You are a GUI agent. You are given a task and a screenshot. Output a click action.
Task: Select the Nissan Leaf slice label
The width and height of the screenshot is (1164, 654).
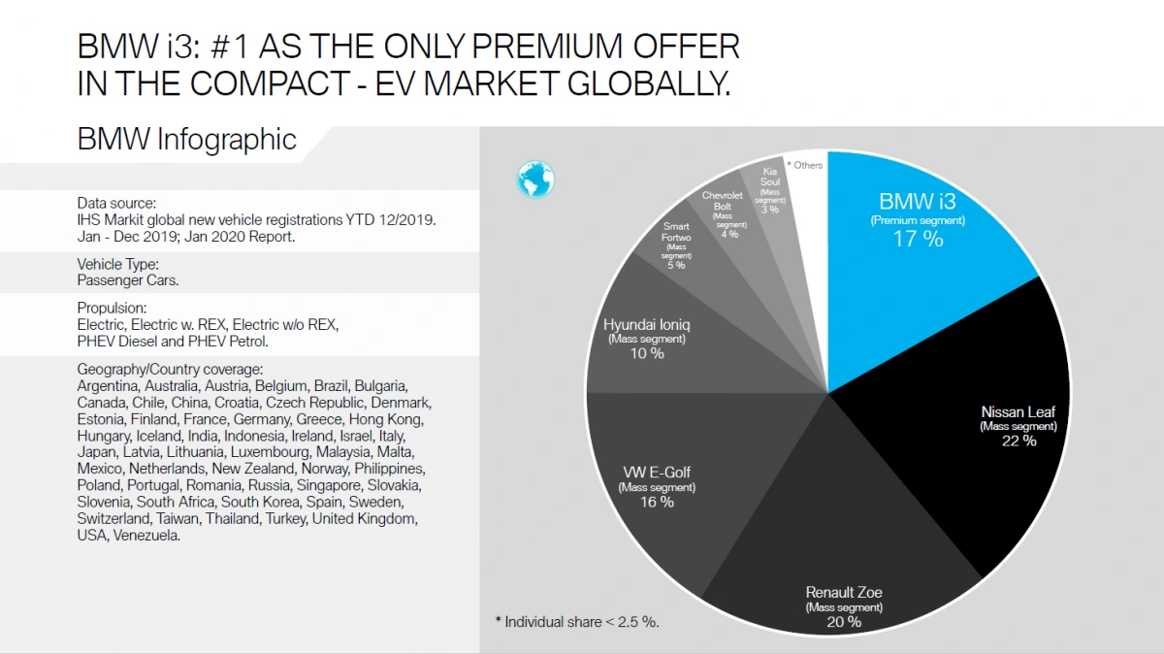point(1018,412)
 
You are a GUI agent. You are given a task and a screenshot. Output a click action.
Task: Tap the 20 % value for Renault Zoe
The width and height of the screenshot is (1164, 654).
point(844,622)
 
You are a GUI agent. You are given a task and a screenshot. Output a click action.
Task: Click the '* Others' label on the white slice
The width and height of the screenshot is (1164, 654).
point(804,165)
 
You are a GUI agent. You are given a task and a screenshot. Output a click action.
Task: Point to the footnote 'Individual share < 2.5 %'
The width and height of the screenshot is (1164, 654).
point(583,622)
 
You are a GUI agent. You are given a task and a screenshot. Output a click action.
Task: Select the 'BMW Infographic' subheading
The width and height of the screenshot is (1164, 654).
point(186,139)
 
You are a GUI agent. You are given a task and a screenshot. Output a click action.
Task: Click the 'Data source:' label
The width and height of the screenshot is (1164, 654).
point(116,203)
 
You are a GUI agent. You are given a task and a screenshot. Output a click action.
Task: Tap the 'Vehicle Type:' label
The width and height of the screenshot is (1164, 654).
point(118,264)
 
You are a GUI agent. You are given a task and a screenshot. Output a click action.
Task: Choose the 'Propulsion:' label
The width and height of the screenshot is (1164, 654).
point(111,308)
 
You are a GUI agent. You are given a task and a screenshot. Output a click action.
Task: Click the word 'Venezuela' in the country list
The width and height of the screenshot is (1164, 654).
point(146,536)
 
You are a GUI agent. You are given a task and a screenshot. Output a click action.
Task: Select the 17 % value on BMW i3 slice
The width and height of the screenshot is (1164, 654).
point(918,239)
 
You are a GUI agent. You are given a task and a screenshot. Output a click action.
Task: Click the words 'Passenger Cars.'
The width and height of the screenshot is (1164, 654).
point(128,280)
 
